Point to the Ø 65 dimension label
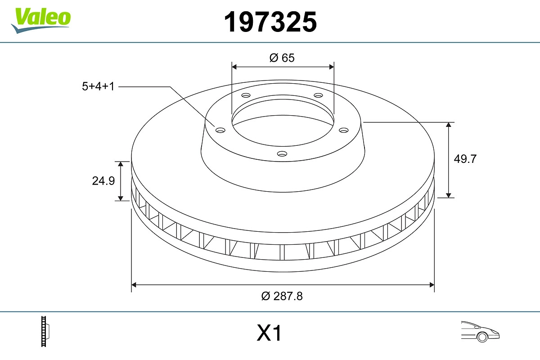pyautogui.click(x=282, y=58)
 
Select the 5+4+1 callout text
pyautogui.click(x=98, y=86)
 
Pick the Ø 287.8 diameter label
pyautogui.click(x=282, y=296)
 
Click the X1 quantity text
pyautogui.click(x=269, y=334)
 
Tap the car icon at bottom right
pyautogui.click(x=480, y=331)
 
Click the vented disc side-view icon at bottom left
pyautogui.click(x=45, y=331)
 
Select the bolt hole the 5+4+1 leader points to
pyautogui.click(x=220, y=130)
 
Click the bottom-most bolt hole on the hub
pyautogui.click(x=282, y=154)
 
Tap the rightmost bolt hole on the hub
pyautogui.click(x=344, y=130)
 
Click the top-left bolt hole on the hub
pyautogui.click(x=246, y=95)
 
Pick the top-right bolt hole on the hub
pyautogui.click(x=319, y=95)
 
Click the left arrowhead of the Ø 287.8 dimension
pyautogui.click(x=134, y=284)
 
